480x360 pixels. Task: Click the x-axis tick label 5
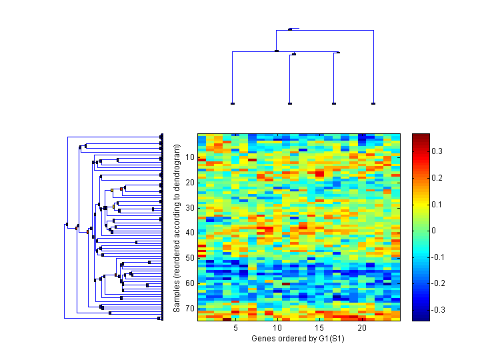pyautogui.click(x=235, y=329)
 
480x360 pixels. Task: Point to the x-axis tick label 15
pyautogui.click(x=320, y=329)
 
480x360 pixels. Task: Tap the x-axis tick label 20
pyautogui.click(x=362, y=329)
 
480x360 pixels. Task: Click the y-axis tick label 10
pyautogui.click(x=189, y=157)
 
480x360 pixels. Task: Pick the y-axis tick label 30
pyautogui.click(x=189, y=207)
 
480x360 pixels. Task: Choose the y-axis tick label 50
pyautogui.click(x=189, y=258)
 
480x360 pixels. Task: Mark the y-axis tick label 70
pyautogui.click(x=189, y=308)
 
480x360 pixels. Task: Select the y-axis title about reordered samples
pyautogui.click(x=177, y=228)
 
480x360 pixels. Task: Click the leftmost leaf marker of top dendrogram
pyautogui.click(x=232, y=104)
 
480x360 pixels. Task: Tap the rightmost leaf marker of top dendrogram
pyautogui.click(x=373, y=104)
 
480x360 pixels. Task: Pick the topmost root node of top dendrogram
pyautogui.click(x=290, y=29)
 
